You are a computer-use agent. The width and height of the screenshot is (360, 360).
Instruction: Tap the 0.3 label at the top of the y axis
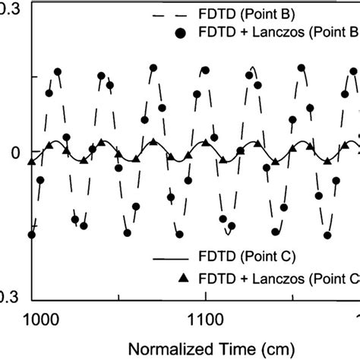tap(9, 6)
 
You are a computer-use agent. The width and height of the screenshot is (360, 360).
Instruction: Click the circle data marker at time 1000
tap(32, 234)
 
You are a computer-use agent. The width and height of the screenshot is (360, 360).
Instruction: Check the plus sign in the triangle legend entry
tap(240, 277)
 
